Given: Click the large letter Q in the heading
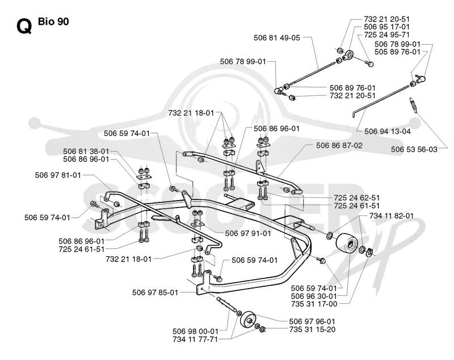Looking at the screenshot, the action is [24, 27].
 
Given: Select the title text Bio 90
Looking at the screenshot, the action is [53, 22].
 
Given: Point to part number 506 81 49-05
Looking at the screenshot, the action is [277, 38].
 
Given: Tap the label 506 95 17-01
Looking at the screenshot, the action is [387, 27].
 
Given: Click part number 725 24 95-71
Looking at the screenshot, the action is [387, 35].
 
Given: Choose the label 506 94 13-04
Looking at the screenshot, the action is [388, 132].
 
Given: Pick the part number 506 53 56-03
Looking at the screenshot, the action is [414, 150].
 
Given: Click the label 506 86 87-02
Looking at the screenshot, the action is [339, 146].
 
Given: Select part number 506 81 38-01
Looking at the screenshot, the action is [86, 151].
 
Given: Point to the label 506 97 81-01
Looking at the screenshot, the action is [58, 175].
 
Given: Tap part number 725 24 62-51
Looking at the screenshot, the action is [357, 198].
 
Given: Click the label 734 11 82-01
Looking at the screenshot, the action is [392, 216].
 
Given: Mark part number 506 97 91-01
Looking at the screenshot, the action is [248, 234].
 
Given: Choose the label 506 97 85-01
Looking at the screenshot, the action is [155, 293].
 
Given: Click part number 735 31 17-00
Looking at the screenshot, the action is [314, 304].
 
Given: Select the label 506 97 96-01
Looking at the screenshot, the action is [312, 321].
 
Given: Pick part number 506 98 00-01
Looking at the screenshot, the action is [195, 332].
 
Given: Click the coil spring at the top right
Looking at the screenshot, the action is [413, 105].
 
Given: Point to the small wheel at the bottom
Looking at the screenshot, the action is [247, 320].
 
